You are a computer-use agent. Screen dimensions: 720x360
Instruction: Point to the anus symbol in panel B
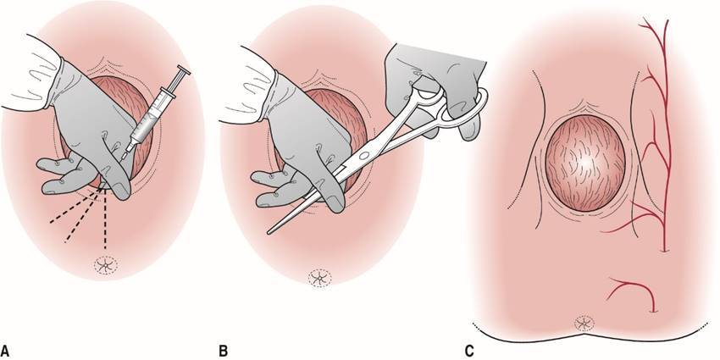coord(319,277)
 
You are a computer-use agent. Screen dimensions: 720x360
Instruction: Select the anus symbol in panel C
coord(584,322)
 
